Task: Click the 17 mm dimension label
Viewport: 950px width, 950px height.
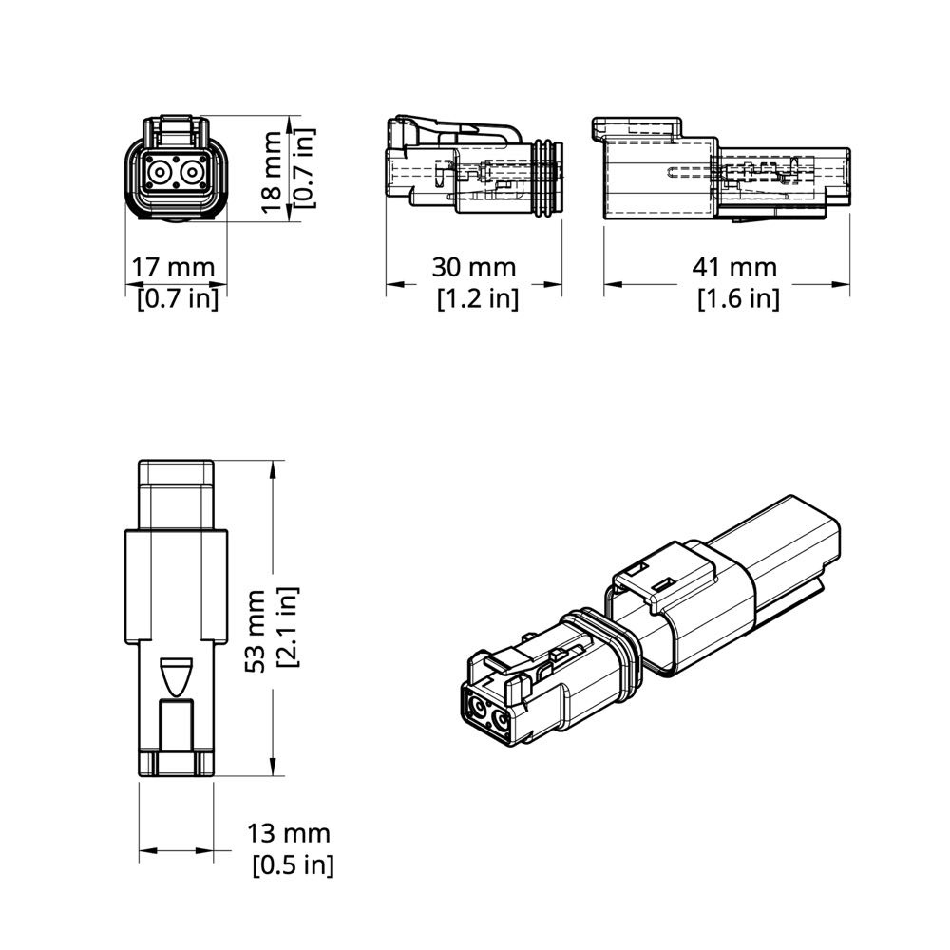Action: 173,267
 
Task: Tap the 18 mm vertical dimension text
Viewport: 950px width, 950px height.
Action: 272,172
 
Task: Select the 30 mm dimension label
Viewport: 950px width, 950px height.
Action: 474,267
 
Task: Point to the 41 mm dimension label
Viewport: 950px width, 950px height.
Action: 734,267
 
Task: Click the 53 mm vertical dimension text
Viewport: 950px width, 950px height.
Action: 255,630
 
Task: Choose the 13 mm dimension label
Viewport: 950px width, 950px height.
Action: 289,834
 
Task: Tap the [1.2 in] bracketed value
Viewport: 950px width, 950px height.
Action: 478,298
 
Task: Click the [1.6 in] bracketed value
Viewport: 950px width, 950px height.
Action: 738,298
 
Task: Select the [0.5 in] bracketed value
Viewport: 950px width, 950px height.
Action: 294,864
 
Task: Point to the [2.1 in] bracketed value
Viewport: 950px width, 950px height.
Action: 288,627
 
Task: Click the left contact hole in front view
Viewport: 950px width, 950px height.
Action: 160,173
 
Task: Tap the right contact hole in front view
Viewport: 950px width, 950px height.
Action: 192,173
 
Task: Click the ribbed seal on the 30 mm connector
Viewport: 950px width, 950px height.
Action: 548,178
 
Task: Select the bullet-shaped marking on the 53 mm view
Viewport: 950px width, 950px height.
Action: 176,676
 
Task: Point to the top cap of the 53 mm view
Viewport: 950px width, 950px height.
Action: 176,471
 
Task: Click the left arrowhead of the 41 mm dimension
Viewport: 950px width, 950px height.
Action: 613,283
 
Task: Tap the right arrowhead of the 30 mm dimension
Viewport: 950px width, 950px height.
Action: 553,283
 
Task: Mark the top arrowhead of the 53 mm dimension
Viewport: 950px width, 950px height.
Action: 274,470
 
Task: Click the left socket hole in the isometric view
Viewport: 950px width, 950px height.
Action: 479,707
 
